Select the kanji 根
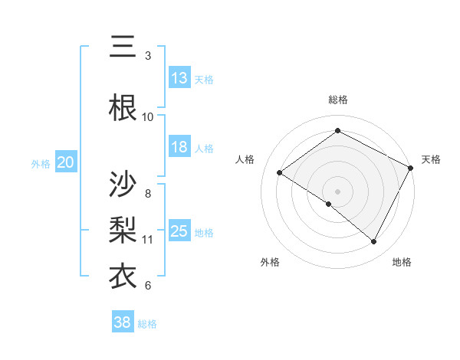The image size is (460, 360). tap(123, 106)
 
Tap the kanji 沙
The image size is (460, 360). tap(123, 185)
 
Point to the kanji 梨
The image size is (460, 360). tap(123, 229)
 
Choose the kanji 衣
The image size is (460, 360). tap(123, 276)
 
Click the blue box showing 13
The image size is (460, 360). tap(179, 78)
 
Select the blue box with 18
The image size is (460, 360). tap(179, 148)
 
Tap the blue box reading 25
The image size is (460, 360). tap(179, 231)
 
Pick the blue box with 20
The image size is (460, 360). tap(66, 162)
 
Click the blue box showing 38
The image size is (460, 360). tap(123, 323)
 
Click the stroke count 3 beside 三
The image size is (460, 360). tap(148, 56)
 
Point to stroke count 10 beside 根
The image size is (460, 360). tap(148, 116)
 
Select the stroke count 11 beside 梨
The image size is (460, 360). tap(148, 240)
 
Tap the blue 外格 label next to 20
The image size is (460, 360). tap(40, 163)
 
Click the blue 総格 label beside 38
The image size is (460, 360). tap(147, 324)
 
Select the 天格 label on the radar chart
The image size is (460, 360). tap(431, 159)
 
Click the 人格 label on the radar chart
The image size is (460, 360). tap(245, 159)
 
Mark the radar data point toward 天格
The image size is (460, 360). tap(411, 168)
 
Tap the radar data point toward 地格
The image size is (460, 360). tap(374, 242)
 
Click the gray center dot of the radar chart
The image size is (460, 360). tap(337, 191)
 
